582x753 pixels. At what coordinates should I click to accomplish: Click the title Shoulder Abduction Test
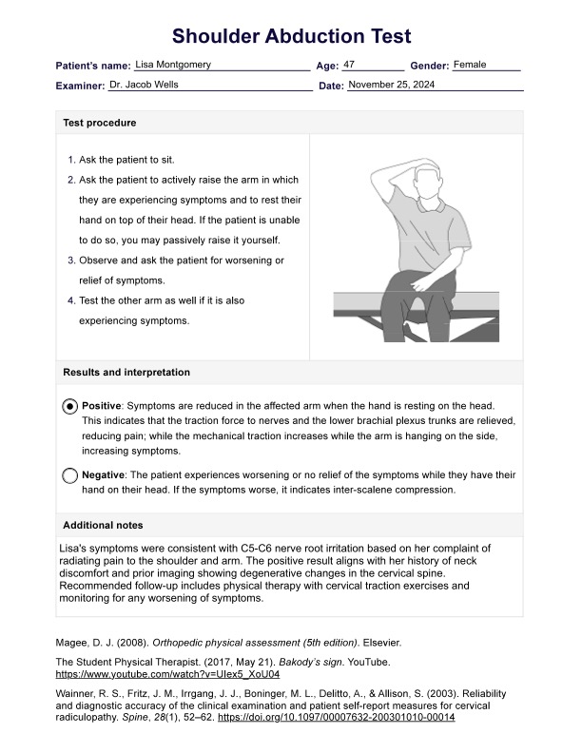[291, 36]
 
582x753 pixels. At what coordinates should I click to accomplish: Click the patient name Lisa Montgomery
[173, 65]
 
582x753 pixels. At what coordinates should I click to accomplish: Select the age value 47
[349, 65]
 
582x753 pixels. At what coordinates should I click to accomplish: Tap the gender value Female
[470, 65]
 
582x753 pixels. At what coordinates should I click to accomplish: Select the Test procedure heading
[99, 123]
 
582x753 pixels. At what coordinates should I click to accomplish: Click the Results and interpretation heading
[126, 373]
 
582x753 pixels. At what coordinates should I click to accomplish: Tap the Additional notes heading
[103, 525]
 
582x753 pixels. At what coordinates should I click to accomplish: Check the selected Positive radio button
[70, 406]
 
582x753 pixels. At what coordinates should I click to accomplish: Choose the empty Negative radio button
[70, 475]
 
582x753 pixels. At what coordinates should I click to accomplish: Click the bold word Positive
[102, 405]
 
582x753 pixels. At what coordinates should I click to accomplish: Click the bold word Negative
[104, 474]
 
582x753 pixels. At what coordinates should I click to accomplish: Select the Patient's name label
[93, 66]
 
